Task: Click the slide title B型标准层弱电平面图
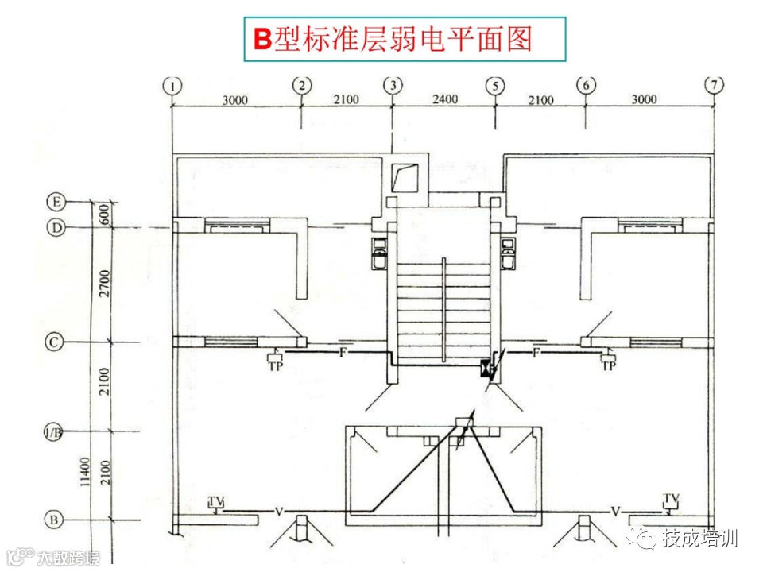point(393,38)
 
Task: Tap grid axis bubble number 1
point(172,85)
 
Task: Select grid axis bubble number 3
point(393,85)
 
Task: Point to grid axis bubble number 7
point(715,85)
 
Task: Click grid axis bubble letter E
point(56,202)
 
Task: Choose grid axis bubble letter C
point(54,342)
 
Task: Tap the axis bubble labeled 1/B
point(54,432)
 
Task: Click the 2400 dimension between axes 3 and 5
point(444,99)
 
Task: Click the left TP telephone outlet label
point(276,366)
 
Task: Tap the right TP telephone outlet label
point(609,366)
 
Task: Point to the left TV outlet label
point(215,500)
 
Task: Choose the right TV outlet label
point(672,499)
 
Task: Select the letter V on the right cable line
point(614,510)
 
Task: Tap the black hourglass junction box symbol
point(485,369)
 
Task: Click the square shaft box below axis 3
point(405,176)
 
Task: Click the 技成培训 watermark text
point(700,538)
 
